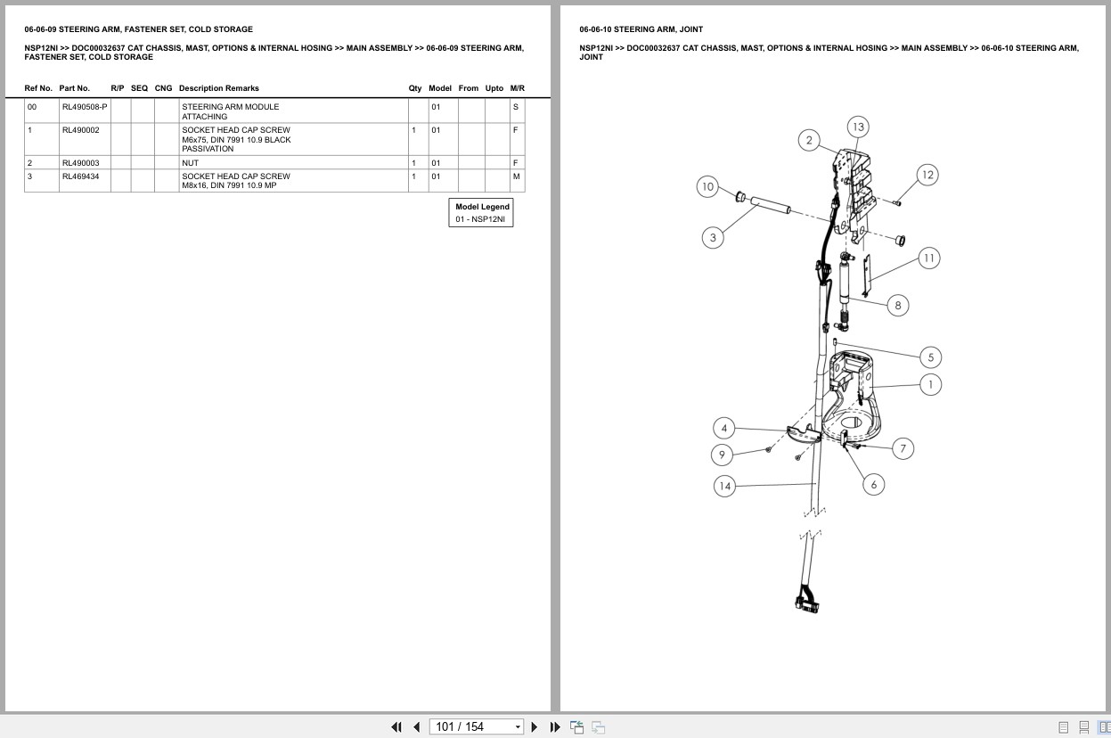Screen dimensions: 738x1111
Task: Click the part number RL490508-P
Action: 84,107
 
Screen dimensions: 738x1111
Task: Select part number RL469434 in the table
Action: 80,176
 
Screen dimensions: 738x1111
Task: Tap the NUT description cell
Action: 191,163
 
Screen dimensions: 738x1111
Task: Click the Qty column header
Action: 414,88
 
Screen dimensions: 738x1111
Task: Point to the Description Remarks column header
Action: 218,88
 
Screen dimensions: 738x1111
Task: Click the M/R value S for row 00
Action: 515,107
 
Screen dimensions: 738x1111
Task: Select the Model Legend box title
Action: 482,207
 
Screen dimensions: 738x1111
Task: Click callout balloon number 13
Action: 858,127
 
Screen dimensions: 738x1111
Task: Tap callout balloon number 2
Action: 809,140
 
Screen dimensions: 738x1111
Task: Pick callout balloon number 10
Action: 707,186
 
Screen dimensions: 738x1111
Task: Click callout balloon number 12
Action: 927,175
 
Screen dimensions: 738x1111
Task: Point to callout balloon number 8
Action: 897,305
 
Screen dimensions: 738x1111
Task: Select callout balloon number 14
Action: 725,486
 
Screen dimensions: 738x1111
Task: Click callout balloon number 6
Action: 873,484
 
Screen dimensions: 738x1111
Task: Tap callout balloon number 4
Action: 724,428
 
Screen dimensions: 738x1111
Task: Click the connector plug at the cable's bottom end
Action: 806,602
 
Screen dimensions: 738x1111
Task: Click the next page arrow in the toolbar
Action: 534,727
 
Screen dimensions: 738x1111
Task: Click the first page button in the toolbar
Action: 396,727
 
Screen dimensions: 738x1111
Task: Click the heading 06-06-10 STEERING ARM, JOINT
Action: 641,29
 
